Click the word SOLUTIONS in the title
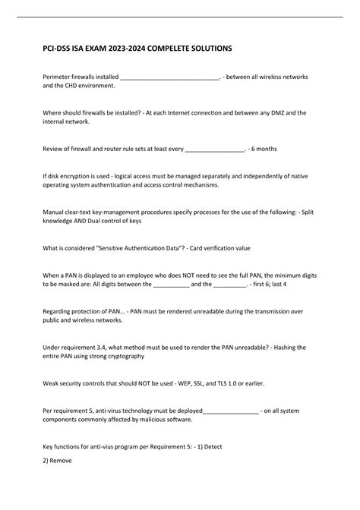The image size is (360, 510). pyautogui.click(x=207, y=48)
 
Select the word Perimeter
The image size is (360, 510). pyautogui.click(x=58, y=77)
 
